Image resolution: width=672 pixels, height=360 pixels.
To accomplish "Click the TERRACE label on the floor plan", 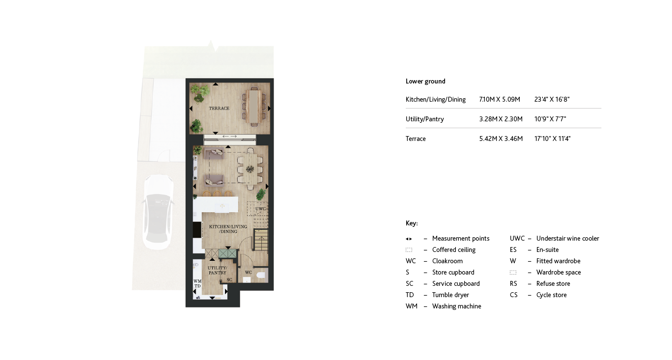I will [x=219, y=109].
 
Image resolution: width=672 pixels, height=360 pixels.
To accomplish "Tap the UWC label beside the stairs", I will [x=260, y=209].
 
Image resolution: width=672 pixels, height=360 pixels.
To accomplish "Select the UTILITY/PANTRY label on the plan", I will [x=217, y=270].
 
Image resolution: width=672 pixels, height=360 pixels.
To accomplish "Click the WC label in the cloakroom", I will [x=249, y=273].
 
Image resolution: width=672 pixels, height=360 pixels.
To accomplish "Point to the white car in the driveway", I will [x=157, y=212].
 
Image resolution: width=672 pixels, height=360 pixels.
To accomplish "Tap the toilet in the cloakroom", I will [x=261, y=275].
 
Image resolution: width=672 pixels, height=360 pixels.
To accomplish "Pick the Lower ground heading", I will [x=425, y=82].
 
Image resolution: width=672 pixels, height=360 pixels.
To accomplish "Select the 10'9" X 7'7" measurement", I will [x=550, y=119].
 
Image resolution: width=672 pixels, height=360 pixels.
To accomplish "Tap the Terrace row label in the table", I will [x=416, y=139].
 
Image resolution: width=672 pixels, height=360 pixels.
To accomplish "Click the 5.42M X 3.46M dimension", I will [x=501, y=139].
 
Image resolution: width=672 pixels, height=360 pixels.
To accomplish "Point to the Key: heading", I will [x=412, y=223].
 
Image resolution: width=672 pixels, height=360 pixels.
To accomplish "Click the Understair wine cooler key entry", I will [x=567, y=239].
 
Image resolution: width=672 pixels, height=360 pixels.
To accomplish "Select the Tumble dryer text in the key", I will [x=450, y=295].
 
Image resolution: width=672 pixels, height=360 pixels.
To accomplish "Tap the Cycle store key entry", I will [x=551, y=295].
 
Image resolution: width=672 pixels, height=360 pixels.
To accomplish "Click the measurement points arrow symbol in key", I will [x=409, y=239].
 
